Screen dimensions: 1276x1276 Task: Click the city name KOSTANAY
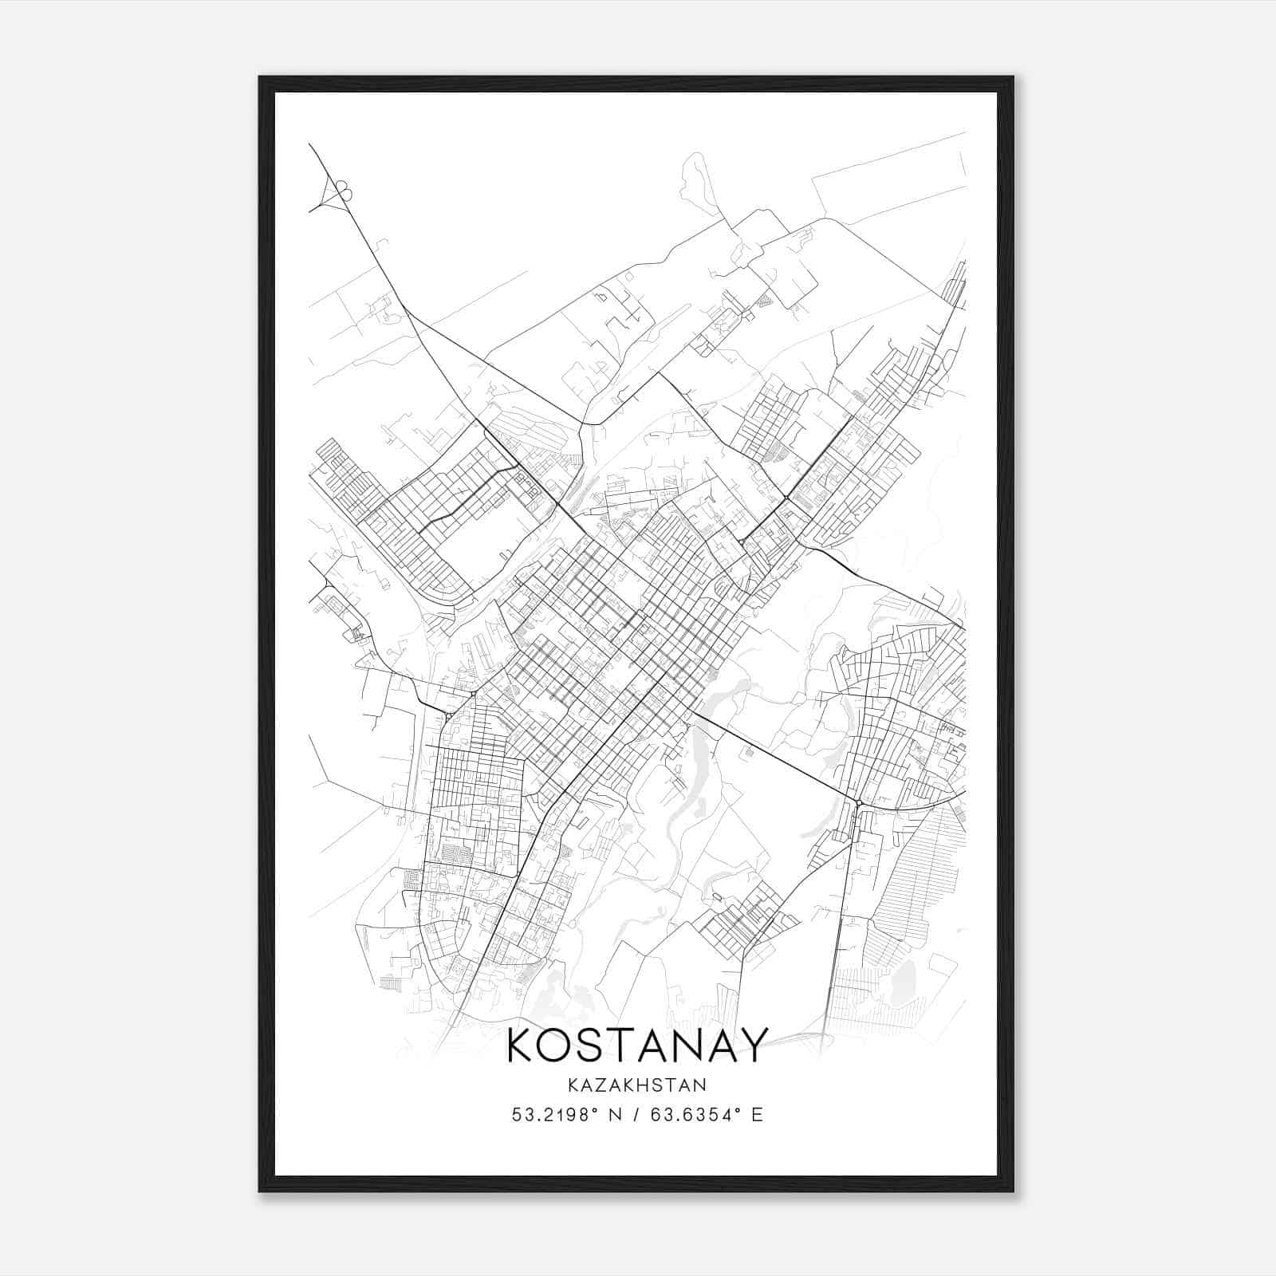tap(637, 1045)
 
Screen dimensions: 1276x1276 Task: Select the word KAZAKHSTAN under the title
tap(637, 1085)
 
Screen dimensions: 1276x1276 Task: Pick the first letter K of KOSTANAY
tap(521, 1045)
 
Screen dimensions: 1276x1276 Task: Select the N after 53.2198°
tap(616, 1114)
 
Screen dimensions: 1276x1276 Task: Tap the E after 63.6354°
tap(758, 1114)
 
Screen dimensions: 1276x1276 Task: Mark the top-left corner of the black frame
tap(261, 78)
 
